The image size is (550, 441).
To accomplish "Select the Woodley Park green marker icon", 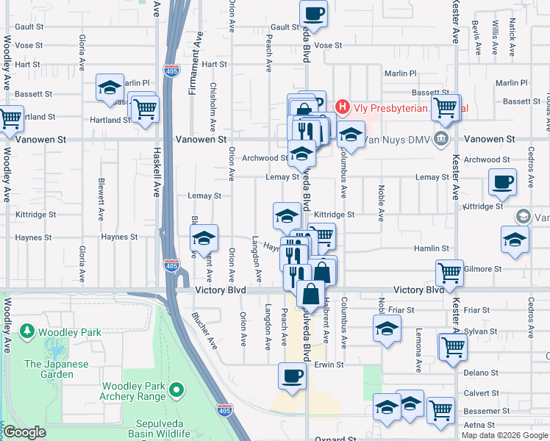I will (x=28, y=332).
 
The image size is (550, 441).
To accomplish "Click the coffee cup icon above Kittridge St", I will (x=502, y=181).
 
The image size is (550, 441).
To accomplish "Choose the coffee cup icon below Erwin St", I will (x=291, y=376).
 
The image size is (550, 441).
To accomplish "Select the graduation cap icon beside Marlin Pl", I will (x=110, y=87).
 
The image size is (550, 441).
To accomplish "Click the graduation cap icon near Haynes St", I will (x=204, y=237).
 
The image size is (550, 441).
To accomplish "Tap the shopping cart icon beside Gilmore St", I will (x=449, y=272).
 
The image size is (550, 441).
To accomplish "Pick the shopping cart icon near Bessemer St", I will (x=440, y=409).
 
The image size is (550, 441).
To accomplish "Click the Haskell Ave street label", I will (x=157, y=180).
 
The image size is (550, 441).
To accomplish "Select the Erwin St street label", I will (x=329, y=365).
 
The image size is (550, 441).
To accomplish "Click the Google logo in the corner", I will (x=24, y=432).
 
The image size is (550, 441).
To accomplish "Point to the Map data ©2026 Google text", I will (x=504, y=435).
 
